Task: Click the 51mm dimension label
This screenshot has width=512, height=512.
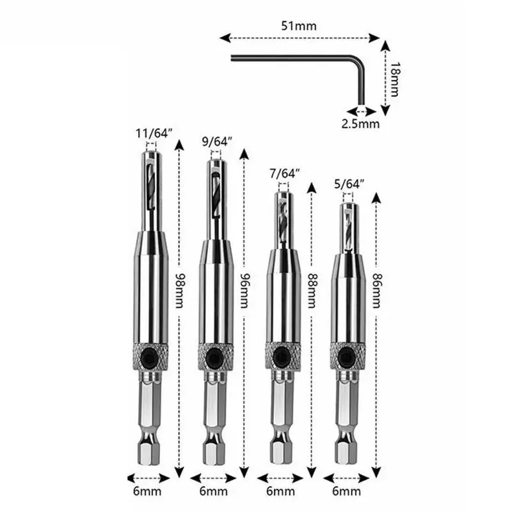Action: point(300,26)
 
